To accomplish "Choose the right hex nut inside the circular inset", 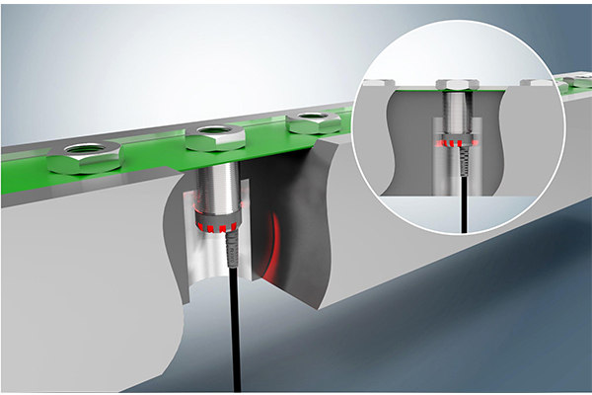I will (536, 82).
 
